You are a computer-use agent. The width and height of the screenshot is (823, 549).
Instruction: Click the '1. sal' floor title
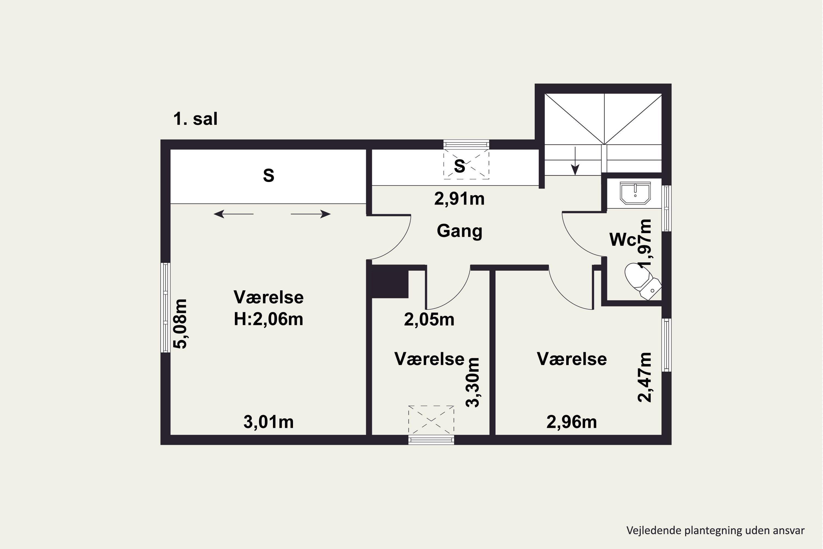[195, 119]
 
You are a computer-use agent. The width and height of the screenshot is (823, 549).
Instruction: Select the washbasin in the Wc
[635, 193]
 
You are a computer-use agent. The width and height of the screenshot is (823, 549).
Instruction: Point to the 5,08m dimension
[181, 324]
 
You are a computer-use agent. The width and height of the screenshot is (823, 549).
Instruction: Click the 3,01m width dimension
[268, 422]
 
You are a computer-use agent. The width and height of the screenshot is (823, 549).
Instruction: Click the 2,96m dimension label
[571, 422]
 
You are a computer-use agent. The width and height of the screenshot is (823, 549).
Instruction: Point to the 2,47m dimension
[644, 377]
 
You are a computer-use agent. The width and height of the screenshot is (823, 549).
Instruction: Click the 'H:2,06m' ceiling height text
[268, 319]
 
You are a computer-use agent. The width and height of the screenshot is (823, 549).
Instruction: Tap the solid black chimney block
[390, 282]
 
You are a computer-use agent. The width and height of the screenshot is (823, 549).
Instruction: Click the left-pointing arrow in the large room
[233, 214]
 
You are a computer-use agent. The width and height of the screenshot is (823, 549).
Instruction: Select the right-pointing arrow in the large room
[311, 214]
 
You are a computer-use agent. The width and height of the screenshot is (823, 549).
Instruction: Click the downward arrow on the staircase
[575, 161]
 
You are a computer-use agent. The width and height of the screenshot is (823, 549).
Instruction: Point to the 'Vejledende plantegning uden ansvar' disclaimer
[715, 530]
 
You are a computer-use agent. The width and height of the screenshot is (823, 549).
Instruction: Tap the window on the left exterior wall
[165, 307]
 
